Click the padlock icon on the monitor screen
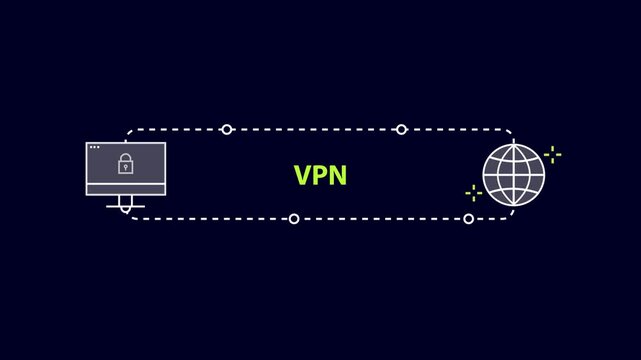126,164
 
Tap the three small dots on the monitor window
94,148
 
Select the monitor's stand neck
126,202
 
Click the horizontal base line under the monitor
126,209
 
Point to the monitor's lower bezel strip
126,190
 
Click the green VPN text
320,175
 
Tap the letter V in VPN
303,175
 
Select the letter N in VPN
337,175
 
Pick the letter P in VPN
320,175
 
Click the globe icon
514,174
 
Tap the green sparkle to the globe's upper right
552,154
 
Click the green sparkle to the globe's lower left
474,193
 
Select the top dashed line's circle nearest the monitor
227,129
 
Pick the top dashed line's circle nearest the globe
401,129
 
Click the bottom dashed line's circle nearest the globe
468,218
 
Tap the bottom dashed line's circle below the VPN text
294,218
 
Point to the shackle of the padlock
126,158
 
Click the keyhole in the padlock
126,167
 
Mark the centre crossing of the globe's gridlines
514,174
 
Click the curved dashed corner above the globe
507,132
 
